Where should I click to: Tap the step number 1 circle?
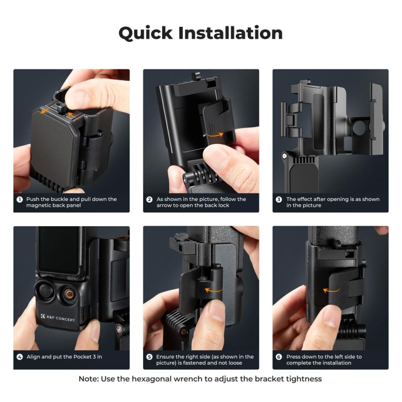click(x=19, y=199)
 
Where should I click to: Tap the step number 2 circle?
click(x=149, y=199)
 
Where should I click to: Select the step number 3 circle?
click(x=279, y=199)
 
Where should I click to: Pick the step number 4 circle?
click(x=19, y=357)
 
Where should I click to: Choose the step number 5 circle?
click(x=149, y=357)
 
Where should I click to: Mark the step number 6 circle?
click(x=279, y=357)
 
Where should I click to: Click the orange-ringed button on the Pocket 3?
click(x=69, y=294)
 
